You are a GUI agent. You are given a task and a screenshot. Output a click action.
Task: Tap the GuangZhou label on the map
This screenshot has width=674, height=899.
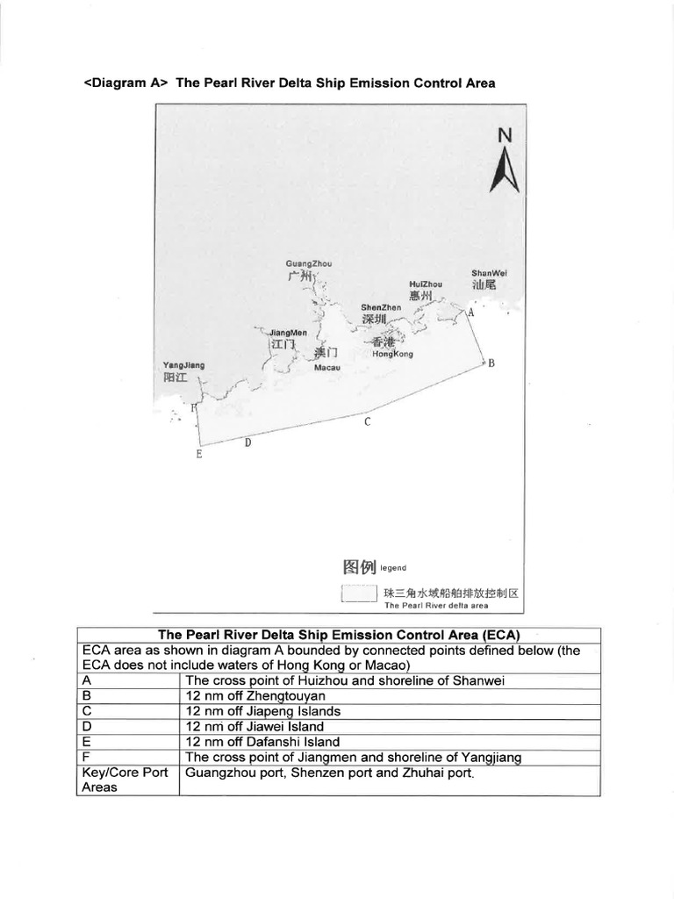pos(302,263)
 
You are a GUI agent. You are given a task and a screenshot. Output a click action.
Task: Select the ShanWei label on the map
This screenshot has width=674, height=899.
pos(489,273)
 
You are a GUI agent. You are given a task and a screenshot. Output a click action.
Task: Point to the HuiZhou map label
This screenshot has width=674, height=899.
pos(426,284)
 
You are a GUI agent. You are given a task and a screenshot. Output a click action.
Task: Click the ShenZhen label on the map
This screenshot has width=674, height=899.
pos(380,308)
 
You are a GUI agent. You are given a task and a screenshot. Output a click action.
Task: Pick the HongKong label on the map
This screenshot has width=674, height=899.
pos(391,354)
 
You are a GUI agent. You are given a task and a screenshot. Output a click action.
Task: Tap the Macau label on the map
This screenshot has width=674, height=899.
pos(326,367)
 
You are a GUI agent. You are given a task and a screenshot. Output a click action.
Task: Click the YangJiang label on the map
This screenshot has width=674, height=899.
pos(183,365)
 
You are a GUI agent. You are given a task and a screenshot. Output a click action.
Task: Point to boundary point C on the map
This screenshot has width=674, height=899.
pos(368,422)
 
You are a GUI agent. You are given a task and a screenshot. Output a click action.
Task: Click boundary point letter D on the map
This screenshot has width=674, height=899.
pos(247,442)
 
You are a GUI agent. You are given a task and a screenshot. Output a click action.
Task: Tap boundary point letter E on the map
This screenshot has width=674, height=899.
pos(199,454)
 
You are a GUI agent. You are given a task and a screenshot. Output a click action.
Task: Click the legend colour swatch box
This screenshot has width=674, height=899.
pos(359,594)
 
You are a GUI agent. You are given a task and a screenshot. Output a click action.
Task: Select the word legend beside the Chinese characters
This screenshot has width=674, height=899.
pos(392,568)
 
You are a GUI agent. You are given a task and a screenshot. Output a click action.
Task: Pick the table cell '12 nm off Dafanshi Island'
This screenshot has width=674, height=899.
pos(261,742)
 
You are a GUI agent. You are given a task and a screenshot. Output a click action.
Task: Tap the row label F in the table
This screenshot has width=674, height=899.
pos(85,757)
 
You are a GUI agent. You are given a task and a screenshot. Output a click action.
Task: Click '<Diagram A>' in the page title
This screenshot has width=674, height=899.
pos(125,83)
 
